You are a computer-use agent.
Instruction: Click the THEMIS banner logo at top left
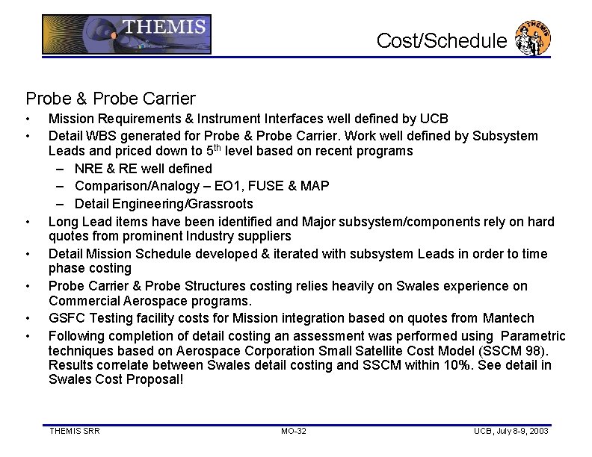pos(126,34)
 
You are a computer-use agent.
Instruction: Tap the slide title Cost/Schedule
pos(441,40)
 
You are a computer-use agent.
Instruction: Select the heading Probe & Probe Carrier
pos(111,98)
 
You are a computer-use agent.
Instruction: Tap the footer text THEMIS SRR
pos(74,431)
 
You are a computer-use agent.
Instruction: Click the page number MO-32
pos(294,431)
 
